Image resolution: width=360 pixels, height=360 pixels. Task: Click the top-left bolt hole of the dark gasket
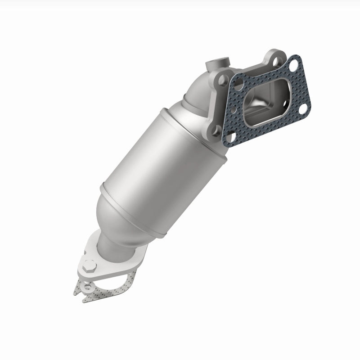point(238,83)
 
